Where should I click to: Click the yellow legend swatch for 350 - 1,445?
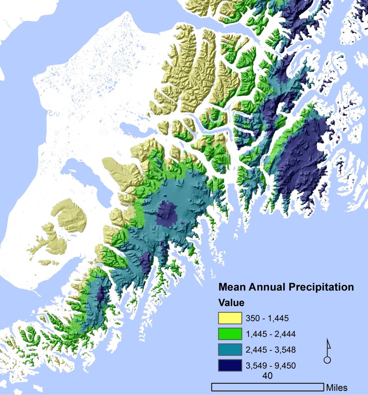click(x=230, y=318)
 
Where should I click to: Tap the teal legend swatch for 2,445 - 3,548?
click(x=230, y=350)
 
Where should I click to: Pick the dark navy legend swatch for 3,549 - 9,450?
click(x=230, y=365)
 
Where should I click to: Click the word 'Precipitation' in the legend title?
click(x=322, y=287)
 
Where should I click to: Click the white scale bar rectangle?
click(x=267, y=387)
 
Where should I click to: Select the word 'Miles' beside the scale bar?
click(x=337, y=387)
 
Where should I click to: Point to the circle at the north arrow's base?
click(x=327, y=360)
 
